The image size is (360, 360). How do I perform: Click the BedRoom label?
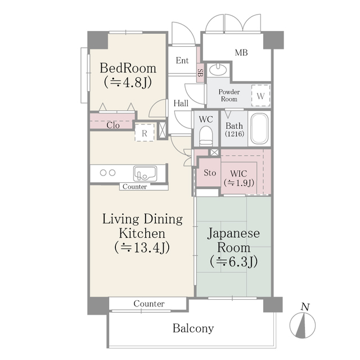pyautogui.click(x=128, y=74)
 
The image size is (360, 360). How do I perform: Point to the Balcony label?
pyautogui.click(x=193, y=328)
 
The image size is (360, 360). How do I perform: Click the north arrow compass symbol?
pyautogui.click(x=304, y=326)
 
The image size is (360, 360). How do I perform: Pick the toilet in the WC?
pyautogui.click(x=205, y=135)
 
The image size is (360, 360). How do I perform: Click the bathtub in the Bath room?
pyautogui.click(x=260, y=129)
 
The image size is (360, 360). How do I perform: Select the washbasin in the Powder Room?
pyautogui.click(x=218, y=71)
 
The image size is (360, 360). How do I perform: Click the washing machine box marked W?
pyautogui.click(x=260, y=94)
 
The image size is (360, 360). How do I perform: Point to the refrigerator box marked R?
pyautogui.click(x=145, y=133)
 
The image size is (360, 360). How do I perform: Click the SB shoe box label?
pyautogui.click(x=200, y=72)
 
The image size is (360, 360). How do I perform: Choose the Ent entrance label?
pyautogui.click(x=182, y=61)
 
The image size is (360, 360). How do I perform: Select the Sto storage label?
pyautogui.click(x=210, y=173)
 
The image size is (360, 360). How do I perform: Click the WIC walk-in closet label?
pyautogui.click(x=239, y=177)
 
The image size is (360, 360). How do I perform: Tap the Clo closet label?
pyautogui.click(x=112, y=125)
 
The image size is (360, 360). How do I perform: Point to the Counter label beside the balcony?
pyautogui.click(x=149, y=304)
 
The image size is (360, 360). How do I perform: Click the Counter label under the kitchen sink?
pyautogui.click(x=134, y=187)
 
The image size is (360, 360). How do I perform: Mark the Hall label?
pyautogui.click(x=181, y=103)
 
